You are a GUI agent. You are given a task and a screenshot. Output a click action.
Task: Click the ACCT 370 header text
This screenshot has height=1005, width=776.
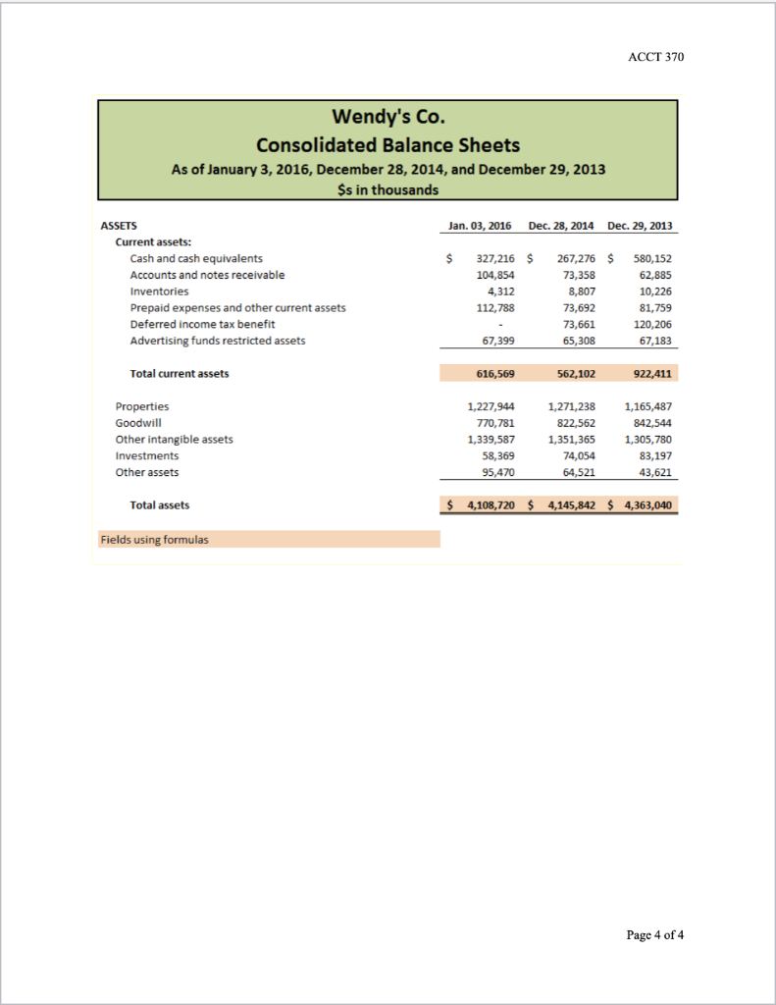[x=655, y=57]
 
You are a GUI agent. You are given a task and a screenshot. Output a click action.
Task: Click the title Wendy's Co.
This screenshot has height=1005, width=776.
[x=388, y=118]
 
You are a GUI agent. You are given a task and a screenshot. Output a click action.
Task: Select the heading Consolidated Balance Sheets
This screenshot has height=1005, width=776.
[x=388, y=144]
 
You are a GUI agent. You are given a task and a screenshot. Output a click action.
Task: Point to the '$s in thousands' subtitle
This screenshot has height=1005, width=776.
[x=388, y=189]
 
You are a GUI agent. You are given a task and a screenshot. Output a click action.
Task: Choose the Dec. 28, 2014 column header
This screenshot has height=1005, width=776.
[x=562, y=226]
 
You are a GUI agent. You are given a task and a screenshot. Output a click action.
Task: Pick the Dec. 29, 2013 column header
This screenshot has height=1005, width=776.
[x=640, y=226]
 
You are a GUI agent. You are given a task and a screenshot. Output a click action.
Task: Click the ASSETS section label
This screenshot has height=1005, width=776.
[x=119, y=226]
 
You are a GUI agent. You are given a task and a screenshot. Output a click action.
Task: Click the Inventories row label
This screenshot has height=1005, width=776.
[x=159, y=291]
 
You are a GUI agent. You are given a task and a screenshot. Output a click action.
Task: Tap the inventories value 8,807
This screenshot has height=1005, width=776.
[x=580, y=291]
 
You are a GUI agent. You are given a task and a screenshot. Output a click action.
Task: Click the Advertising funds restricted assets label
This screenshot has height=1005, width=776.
[x=217, y=341]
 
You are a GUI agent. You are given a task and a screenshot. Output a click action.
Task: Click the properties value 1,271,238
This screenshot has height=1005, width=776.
[x=571, y=406]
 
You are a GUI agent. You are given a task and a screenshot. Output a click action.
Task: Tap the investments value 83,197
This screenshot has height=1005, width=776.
[x=654, y=456]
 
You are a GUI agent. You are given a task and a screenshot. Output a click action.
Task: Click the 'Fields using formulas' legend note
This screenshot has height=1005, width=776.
[x=153, y=539]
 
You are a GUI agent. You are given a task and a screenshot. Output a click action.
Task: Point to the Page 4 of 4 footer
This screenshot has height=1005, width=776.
[x=655, y=933]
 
